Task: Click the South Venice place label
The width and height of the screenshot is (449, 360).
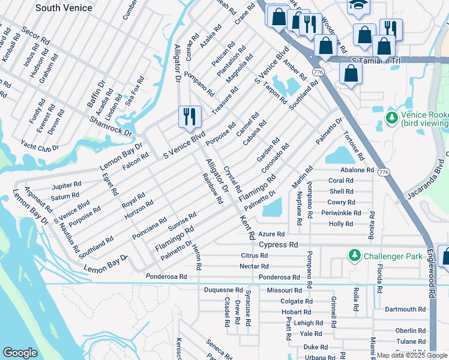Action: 64,8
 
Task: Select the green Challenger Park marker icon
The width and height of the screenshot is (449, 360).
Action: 355,256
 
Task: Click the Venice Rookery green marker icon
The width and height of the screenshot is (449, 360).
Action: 392,117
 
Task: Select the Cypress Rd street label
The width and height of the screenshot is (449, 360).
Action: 278,245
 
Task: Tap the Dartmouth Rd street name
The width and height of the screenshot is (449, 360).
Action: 405,310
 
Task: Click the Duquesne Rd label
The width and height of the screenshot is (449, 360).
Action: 223,290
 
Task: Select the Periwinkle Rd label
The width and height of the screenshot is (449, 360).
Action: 340,213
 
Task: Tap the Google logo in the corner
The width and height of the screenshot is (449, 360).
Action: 20,353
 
